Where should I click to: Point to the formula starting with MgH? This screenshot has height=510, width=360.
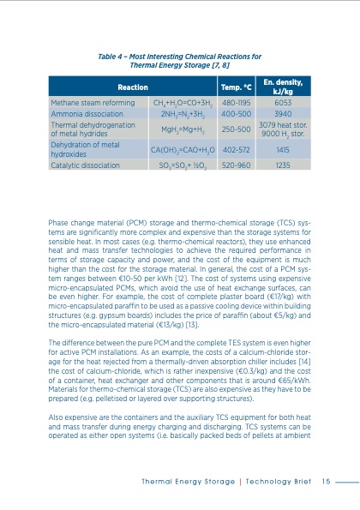coord(179,129)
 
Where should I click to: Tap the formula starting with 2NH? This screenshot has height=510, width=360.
coord(179,113)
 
